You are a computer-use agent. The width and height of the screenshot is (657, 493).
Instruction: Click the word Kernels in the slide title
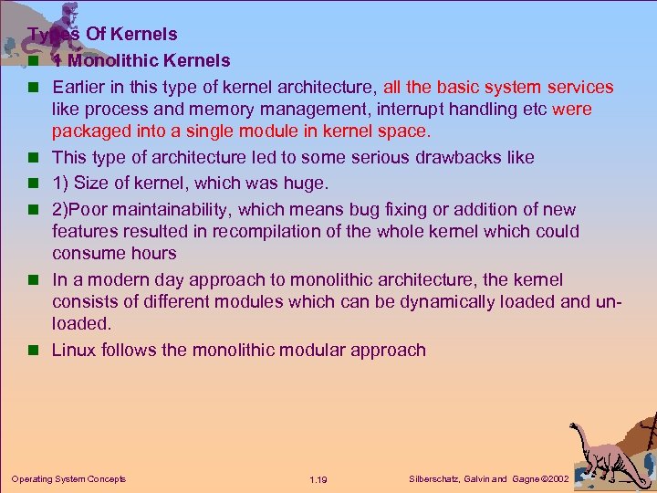[147, 35]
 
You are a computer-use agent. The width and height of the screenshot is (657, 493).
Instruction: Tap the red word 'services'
[580, 88]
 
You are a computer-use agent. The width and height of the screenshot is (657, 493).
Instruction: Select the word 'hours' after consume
[153, 254]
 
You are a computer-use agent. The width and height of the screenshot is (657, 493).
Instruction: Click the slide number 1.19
[318, 479]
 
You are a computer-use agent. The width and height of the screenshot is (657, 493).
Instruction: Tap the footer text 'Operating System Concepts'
[68, 478]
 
